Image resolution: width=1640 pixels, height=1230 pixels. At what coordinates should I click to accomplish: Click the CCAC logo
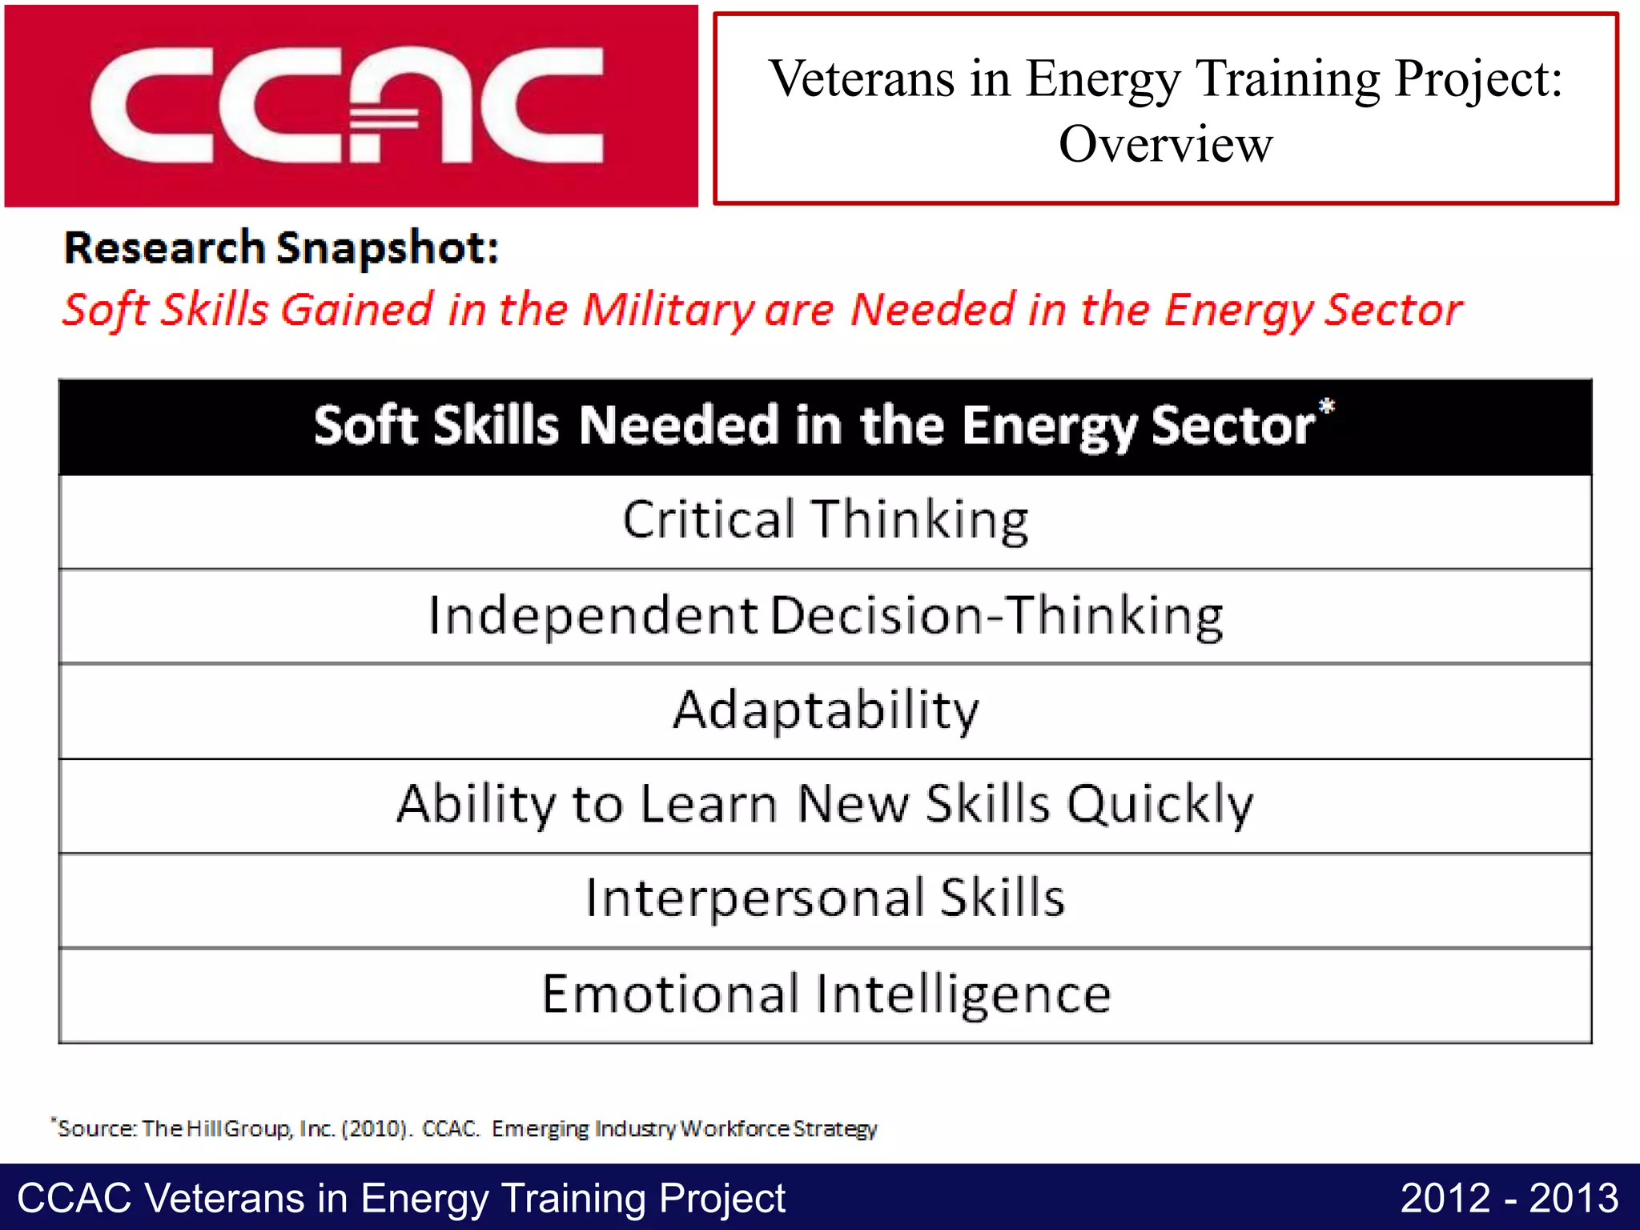(x=350, y=106)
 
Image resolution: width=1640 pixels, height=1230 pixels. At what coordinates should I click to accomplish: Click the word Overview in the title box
(x=1165, y=145)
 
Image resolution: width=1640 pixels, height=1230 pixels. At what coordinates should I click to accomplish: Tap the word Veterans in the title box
(x=862, y=79)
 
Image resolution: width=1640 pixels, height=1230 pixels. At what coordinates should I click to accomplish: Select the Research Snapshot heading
(x=281, y=247)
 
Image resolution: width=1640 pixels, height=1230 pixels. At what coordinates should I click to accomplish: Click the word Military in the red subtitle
(x=667, y=310)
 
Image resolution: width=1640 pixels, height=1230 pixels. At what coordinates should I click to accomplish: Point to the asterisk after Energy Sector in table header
(x=1327, y=406)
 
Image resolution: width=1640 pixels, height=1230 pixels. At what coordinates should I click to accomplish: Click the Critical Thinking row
(x=825, y=521)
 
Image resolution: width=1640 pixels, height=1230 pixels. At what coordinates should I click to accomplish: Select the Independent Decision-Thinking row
(x=825, y=616)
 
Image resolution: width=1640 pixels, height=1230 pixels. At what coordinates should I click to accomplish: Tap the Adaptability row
(x=825, y=710)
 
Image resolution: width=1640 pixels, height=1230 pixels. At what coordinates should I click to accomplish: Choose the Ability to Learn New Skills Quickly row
(x=825, y=805)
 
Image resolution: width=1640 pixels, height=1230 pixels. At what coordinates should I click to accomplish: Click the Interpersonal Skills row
(x=825, y=898)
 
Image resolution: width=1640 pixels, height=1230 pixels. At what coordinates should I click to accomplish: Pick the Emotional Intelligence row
(x=825, y=994)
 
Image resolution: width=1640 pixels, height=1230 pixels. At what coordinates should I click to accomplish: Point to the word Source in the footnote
(x=96, y=1129)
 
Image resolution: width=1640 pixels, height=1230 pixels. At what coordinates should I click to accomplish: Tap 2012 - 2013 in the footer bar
(x=1509, y=1199)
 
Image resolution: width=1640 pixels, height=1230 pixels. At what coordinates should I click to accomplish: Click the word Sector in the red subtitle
(x=1393, y=310)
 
